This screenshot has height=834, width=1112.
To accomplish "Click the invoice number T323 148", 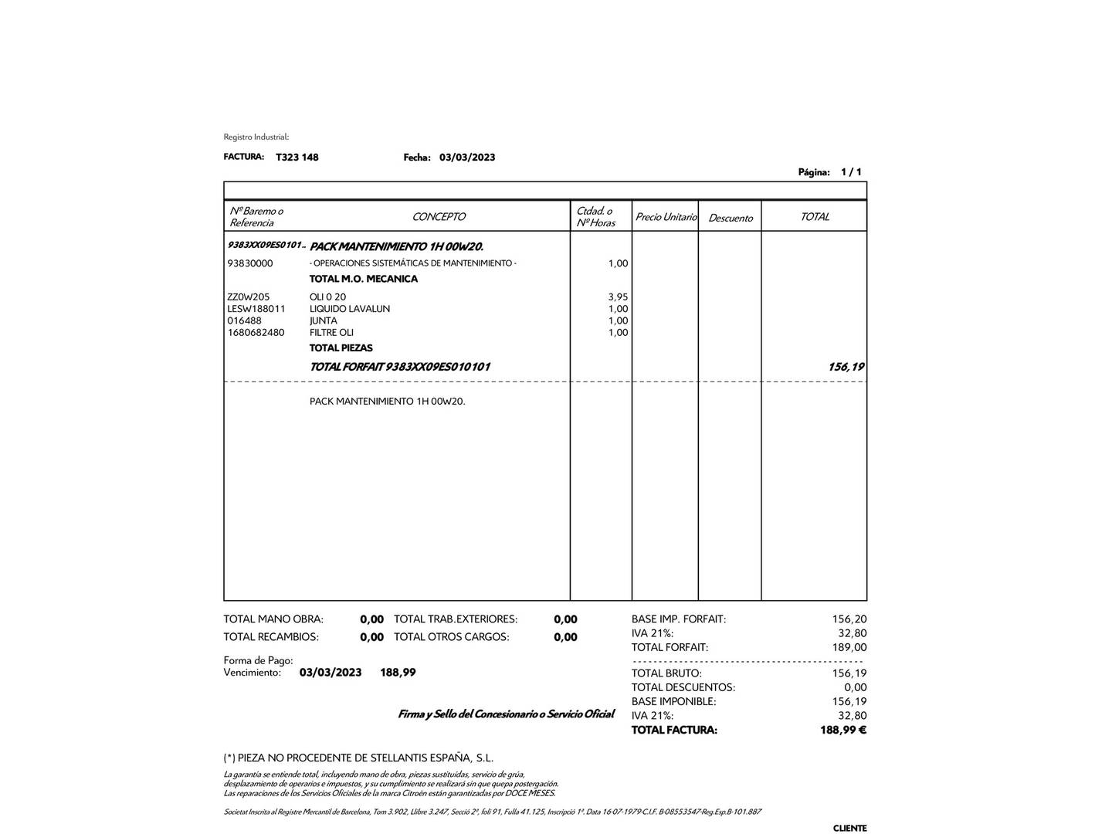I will (297, 158).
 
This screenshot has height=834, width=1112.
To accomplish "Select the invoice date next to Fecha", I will (467, 158).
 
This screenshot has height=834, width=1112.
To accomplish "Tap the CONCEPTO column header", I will (439, 217).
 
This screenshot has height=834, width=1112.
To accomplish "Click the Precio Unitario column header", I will (666, 217).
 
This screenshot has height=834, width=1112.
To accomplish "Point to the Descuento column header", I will (730, 219).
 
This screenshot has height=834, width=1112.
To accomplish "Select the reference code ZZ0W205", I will (249, 297).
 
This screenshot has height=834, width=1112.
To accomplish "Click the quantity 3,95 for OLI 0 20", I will (618, 297).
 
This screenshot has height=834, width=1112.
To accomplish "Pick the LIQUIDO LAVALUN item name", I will (350, 309).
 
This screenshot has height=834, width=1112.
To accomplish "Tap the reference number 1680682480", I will (256, 333).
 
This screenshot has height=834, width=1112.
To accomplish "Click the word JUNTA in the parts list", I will (324, 320).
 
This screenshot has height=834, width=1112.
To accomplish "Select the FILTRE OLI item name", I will (331, 333).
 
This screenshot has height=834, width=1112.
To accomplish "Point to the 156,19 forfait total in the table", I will (846, 367).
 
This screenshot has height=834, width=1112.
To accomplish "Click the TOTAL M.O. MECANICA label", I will (363, 279).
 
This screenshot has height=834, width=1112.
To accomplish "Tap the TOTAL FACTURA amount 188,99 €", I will (842, 730).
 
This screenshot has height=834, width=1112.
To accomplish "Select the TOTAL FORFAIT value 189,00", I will (849, 648).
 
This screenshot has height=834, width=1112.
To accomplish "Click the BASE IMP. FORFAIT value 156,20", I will (849, 619).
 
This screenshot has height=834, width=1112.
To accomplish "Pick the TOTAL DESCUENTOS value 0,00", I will (855, 687).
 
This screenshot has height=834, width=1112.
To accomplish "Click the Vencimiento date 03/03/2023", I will (331, 673).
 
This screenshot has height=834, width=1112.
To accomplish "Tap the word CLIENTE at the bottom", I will (849, 828).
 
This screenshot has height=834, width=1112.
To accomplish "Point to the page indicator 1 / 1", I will (851, 172).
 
